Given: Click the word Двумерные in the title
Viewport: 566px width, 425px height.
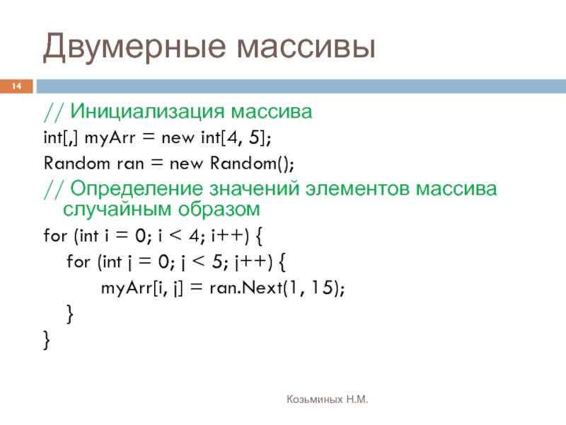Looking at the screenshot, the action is [134, 47].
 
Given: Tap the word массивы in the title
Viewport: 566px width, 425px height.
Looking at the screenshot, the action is [306, 47].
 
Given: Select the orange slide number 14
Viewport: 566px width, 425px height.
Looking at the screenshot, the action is [16, 86].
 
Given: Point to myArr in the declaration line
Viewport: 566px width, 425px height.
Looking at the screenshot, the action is [110, 138].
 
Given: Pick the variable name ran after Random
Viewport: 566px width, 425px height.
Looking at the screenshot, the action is [130, 164].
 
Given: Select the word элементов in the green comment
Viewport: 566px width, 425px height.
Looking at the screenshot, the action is [357, 189].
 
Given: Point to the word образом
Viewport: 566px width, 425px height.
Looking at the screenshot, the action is [219, 209].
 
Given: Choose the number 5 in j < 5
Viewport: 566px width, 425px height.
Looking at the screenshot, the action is [217, 261].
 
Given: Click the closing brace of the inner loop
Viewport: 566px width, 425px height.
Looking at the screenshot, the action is [70, 314].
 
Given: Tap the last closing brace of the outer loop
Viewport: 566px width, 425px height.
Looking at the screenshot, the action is [47, 340].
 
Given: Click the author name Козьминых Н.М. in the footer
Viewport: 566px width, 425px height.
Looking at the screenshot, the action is [328, 399].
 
